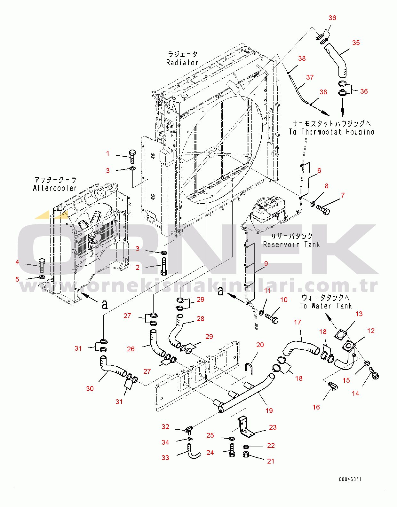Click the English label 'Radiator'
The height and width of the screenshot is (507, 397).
coord(182,63)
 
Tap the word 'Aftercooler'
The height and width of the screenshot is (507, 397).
coord(55,188)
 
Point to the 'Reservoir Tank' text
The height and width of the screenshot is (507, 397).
coord(291,245)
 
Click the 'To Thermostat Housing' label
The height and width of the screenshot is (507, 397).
coord(331,132)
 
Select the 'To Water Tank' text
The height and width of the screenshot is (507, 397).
coord(325,306)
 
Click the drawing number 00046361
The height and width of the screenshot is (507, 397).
coord(350,479)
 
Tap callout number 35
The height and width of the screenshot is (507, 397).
coord(356,43)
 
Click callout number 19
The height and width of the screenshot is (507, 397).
coord(269,410)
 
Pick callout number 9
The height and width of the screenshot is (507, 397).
coord(266,263)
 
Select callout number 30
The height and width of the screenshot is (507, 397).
coord(90,388)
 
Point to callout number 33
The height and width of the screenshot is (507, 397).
coord(165,457)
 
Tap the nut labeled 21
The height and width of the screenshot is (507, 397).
coord(246,454)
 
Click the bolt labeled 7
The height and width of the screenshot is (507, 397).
coord(323,209)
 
